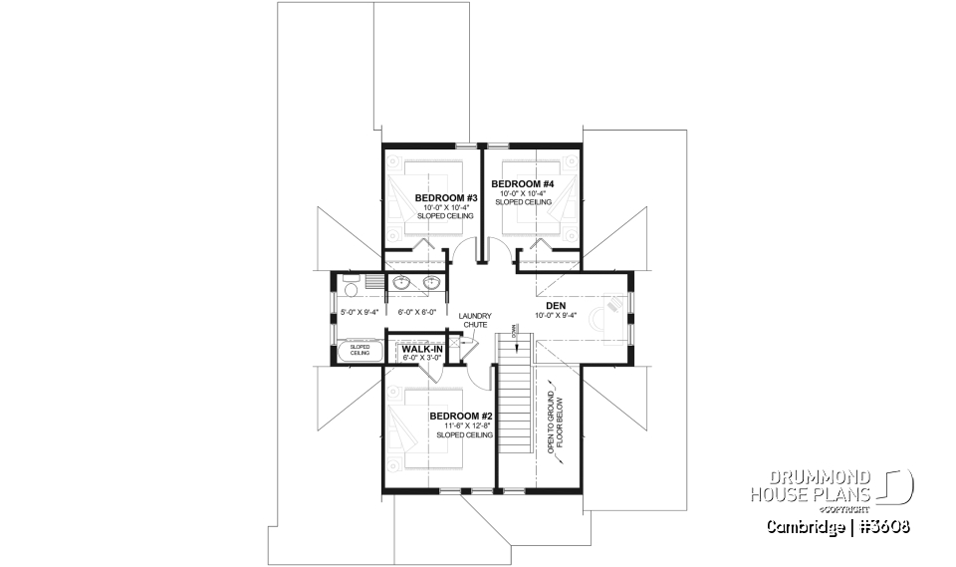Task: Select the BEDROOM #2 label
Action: [x=461, y=416]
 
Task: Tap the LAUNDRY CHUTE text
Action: [x=475, y=320]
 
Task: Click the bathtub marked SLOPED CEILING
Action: [x=358, y=351]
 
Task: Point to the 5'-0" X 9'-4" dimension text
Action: [x=354, y=312]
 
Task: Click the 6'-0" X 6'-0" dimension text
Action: [x=415, y=312]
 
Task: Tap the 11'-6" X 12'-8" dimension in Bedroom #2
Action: [x=461, y=425]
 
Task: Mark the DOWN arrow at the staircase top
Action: [x=515, y=331]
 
